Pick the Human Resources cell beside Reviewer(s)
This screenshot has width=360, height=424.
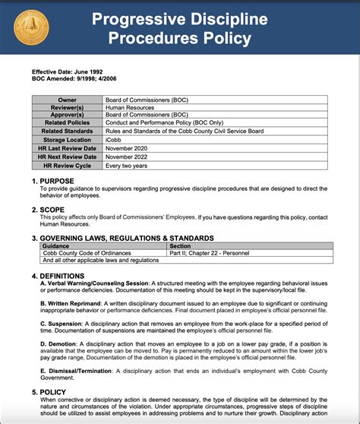click(129, 107)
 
